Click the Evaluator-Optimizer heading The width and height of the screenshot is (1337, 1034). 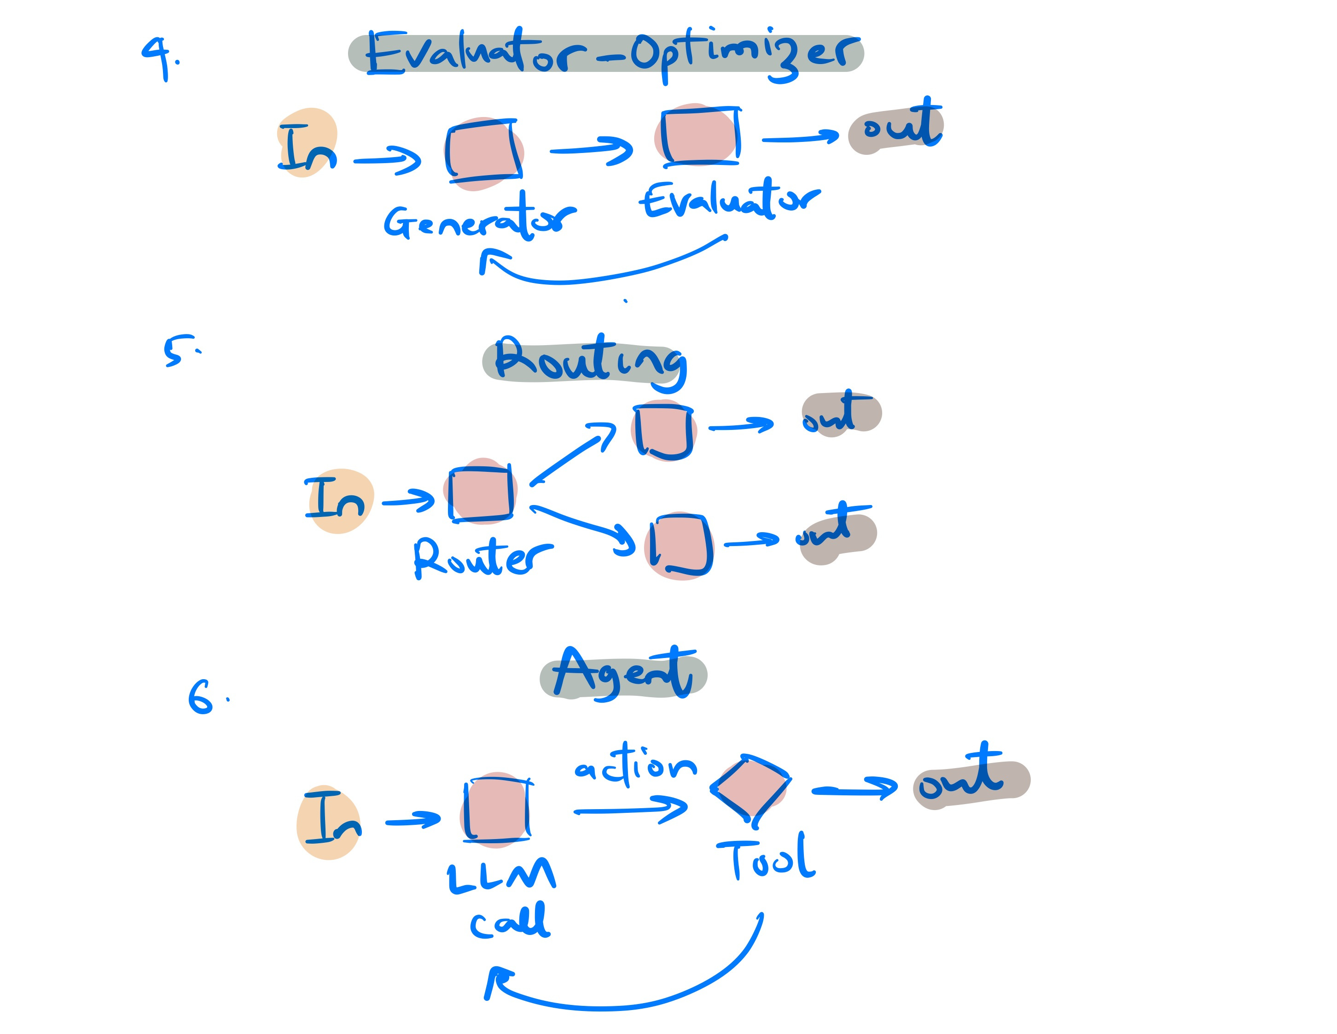[606, 54]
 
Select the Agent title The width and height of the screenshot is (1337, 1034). [623, 674]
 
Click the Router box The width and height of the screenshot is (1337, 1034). [481, 493]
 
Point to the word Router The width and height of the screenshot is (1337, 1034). [482, 558]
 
